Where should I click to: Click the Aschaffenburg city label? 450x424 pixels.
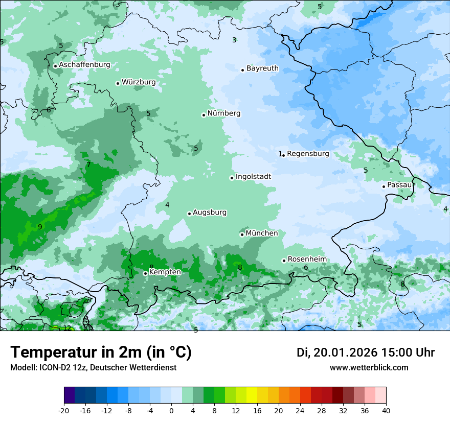click(x=84, y=65)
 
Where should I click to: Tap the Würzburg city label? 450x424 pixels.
click(x=139, y=82)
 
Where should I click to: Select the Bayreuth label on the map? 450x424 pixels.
click(x=262, y=68)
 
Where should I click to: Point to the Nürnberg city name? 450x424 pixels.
click(x=223, y=113)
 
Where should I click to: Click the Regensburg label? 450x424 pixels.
click(x=308, y=154)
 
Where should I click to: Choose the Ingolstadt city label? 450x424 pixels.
click(x=253, y=177)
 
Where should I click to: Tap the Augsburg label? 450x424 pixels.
click(x=210, y=213)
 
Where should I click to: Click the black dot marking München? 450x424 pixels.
click(x=242, y=234)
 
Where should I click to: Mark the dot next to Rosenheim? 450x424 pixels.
click(x=284, y=261)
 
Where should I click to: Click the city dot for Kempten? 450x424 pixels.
click(x=145, y=273)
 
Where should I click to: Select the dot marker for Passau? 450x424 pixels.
click(x=384, y=186)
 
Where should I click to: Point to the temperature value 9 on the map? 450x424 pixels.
click(x=40, y=227)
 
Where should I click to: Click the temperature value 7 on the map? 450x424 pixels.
click(x=88, y=164)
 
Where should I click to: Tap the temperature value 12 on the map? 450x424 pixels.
click(x=67, y=328)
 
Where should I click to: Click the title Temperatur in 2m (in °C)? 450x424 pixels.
click(x=101, y=352)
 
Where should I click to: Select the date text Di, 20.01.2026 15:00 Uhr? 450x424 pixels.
click(x=366, y=352)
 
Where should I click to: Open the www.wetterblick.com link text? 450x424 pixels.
click(x=369, y=367)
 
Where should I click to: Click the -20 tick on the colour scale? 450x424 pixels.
click(x=64, y=410)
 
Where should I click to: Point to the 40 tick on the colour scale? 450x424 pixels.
click(x=386, y=410)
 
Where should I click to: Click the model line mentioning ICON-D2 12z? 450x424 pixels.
click(x=93, y=367)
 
